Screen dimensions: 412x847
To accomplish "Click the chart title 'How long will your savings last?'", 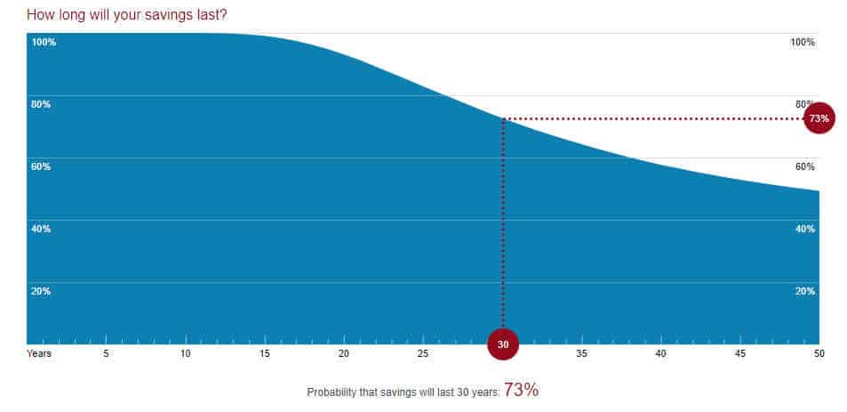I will tap(126, 15).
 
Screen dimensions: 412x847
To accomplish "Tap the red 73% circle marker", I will tap(819, 118).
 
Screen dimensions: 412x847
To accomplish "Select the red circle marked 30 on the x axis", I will tap(503, 343).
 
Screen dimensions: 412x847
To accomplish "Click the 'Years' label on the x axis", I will tap(39, 354).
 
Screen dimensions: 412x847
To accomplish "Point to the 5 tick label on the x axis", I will tap(106, 354).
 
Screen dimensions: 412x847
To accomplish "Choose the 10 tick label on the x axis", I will tap(186, 354).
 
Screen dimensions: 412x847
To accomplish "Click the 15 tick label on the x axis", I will tap(265, 354).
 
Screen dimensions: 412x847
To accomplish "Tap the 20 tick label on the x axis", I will tap(344, 354).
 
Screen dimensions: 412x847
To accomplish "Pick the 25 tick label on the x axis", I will tap(423, 354).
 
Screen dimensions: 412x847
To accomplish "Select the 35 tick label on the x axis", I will tap(581, 354).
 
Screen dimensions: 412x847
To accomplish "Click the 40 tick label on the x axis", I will tap(660, 354).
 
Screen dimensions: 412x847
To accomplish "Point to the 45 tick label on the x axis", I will tap(739, 354).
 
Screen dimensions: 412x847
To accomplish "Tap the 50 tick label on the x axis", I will tap(819, 354).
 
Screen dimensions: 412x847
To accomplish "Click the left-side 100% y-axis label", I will tap(44, 43).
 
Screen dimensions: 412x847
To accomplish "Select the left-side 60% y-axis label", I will tap(41, 166).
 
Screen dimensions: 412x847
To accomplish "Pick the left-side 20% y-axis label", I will tap(41, 291).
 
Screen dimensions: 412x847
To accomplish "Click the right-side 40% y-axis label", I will tap(804, 229).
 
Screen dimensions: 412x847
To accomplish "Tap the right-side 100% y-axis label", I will tap(802, 43).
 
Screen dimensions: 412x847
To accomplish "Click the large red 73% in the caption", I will tap(521, 390).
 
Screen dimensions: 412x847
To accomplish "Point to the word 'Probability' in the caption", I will tap(331, 392).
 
